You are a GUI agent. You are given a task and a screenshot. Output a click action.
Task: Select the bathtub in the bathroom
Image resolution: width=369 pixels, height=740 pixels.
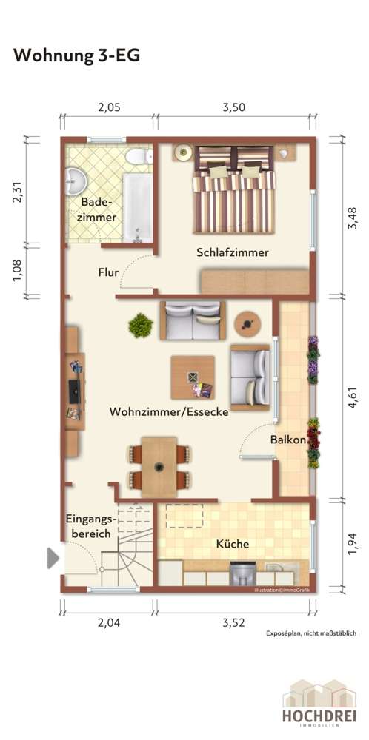(137, 206)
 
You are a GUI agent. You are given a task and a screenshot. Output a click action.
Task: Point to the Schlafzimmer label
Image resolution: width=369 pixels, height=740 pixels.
(232, 252)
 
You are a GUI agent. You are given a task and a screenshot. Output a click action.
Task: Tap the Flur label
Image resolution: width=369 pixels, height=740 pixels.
(108, 272)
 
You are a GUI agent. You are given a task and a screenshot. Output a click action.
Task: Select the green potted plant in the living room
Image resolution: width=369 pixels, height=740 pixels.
(139, 325)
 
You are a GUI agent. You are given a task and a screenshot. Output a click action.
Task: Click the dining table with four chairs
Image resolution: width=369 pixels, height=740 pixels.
(159, 467)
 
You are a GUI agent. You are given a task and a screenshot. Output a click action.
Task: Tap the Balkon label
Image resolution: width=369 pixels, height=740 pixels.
(288, 440)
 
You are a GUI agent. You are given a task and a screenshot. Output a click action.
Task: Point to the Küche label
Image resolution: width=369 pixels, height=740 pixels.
(232, 544)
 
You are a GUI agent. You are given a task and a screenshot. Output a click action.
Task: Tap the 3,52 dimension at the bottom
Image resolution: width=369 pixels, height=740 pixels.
(233, 623)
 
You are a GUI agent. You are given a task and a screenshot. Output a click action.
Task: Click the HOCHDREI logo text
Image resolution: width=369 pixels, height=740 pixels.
(319, 716)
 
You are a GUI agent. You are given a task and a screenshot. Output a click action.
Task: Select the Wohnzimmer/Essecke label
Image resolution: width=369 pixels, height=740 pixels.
(168, 411)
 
